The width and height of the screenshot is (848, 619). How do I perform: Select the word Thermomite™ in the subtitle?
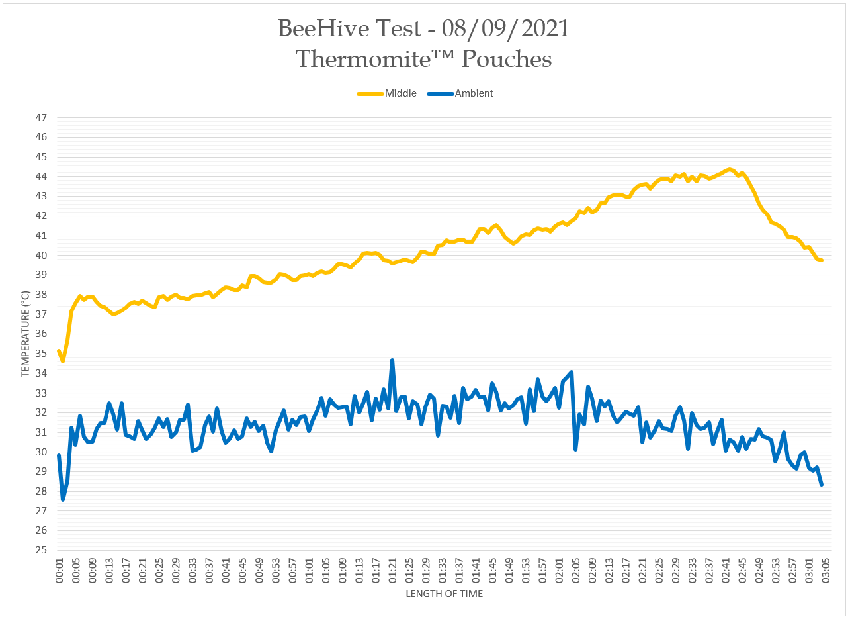point(374,59)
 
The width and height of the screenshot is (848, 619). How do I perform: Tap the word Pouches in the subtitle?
point(506,59)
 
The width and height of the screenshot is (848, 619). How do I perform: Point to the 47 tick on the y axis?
point(42,118)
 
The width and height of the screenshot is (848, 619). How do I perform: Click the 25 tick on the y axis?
point(42,550)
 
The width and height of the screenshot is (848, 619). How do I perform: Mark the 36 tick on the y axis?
point(42,334)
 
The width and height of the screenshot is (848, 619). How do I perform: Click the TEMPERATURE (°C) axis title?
point(26,334)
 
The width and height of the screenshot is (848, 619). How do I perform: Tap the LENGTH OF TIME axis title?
point(444,594)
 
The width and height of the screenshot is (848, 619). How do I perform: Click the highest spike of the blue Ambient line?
point(392,360)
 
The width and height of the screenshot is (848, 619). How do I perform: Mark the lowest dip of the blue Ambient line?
point(63,499)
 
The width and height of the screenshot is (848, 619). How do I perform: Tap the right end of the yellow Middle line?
point(821,260)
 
